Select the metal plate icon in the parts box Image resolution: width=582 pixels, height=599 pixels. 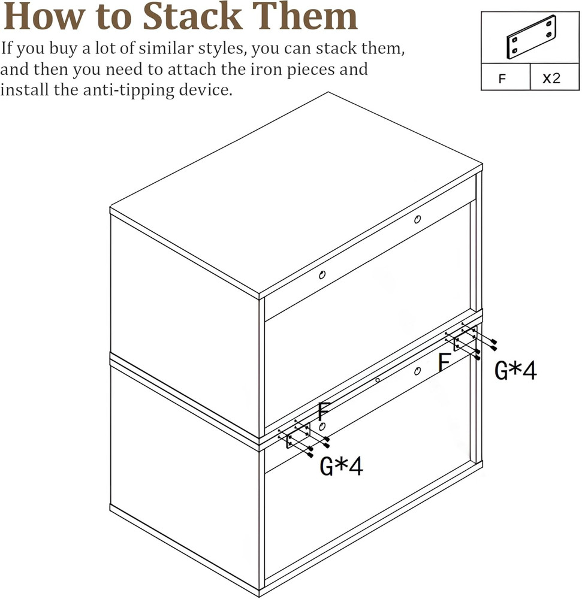[531, 37]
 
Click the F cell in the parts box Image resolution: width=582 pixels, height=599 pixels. [505, 78]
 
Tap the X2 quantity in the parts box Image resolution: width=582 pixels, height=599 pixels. [551, 78]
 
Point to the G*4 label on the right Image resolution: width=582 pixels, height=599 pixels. [515, 371]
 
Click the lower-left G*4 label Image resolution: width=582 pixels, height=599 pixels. [341, 466]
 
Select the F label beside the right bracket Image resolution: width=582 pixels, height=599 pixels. [444, 363]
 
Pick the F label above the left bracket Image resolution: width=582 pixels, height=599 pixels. [324, 412]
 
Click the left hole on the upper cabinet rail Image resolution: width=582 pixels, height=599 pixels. [322, 275]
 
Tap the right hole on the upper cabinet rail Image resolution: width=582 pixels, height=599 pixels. [417, 220]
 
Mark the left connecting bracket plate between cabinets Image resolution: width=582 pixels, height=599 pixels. [298, 437]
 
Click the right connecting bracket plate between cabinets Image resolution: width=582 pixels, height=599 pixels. [465, 339]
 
